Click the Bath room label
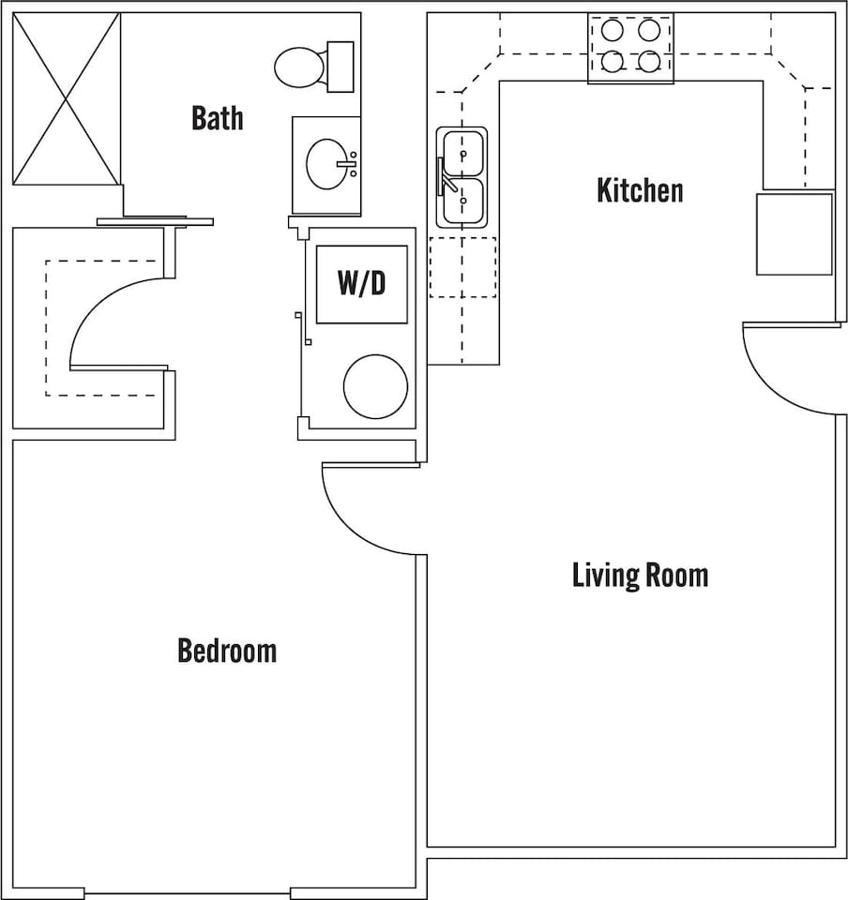click(217, 118)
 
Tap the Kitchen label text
click(640, 190)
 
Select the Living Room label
click(640, 574)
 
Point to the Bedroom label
click(227, 650)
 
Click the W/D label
click(361, 283)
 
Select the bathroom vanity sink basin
click(327, 164)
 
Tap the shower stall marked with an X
click(67, 98)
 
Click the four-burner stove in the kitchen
click(630, 47)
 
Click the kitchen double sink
click(463, 177)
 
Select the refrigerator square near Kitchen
click(795, 234)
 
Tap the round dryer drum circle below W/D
click(375, 386)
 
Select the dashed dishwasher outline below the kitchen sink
click(462, 267)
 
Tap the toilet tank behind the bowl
click(340, 67)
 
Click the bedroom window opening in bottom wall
click(188, 892)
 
